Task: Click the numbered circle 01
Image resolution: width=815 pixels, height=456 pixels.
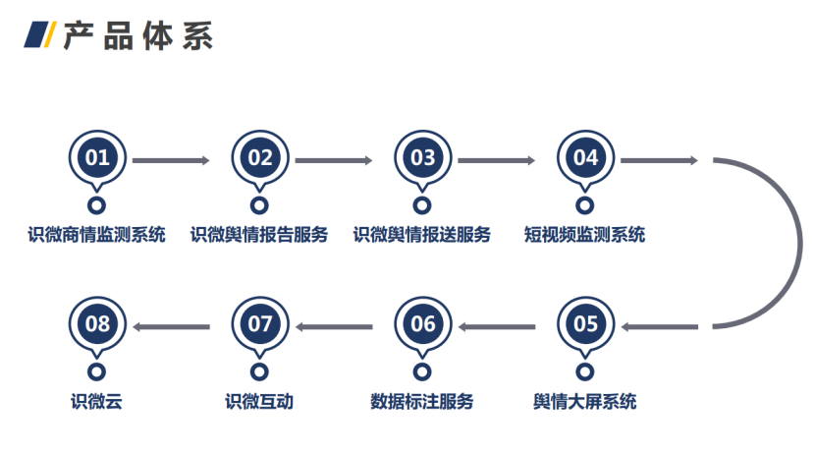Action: [x=97, y=157]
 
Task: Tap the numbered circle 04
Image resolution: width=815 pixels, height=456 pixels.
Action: [x=585, y=157]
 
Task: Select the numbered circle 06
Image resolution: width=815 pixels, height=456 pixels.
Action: [x=422, y=324]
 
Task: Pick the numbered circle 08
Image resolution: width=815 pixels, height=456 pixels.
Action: [x=97, y=324]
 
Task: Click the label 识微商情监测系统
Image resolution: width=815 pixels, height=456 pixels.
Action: [x=96, y=235]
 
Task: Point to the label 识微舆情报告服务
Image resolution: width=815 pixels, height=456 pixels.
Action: [x=259, y=235]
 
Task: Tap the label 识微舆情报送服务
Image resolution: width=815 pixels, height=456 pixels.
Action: [x=422, y=235]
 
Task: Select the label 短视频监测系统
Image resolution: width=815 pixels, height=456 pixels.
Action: [x=585, y=235]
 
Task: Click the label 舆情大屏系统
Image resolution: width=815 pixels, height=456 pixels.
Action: [x=585, y=401]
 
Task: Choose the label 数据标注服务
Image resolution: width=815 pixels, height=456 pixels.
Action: [x=422, y=401]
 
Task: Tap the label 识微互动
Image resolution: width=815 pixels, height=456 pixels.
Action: [x=259, y=401]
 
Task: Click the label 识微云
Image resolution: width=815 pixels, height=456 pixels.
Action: [x=96, y=401]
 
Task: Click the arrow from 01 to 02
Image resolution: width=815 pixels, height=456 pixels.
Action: [x=171, y=160]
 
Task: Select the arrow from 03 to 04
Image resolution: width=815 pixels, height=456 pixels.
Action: [x=497, y=160]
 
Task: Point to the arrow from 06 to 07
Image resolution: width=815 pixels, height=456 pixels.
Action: [x=334, y=327]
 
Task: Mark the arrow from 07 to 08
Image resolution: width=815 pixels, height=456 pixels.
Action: [x=172, y=327]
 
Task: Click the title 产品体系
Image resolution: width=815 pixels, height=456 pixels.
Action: [x=138, y=36]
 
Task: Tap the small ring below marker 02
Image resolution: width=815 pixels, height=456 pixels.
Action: [x=259, y=205]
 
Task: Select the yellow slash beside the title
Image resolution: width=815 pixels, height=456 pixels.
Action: [x=50, y=34]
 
